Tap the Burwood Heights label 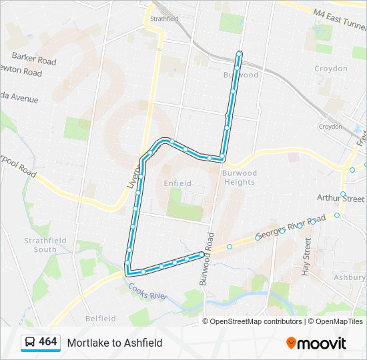[x=239, y=177]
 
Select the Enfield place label [x=177, y=183]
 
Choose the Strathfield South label [x=41, y=245]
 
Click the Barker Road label [x=34, y=59]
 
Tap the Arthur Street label [x=341, y=199]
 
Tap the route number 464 [x=47, y=342]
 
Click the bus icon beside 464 [x=30, y=343]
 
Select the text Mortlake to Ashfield [x=114, y=343]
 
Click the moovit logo [x=316, y=343]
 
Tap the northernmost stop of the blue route [x=239, y=53]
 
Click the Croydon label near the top [x=332, y=69]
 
